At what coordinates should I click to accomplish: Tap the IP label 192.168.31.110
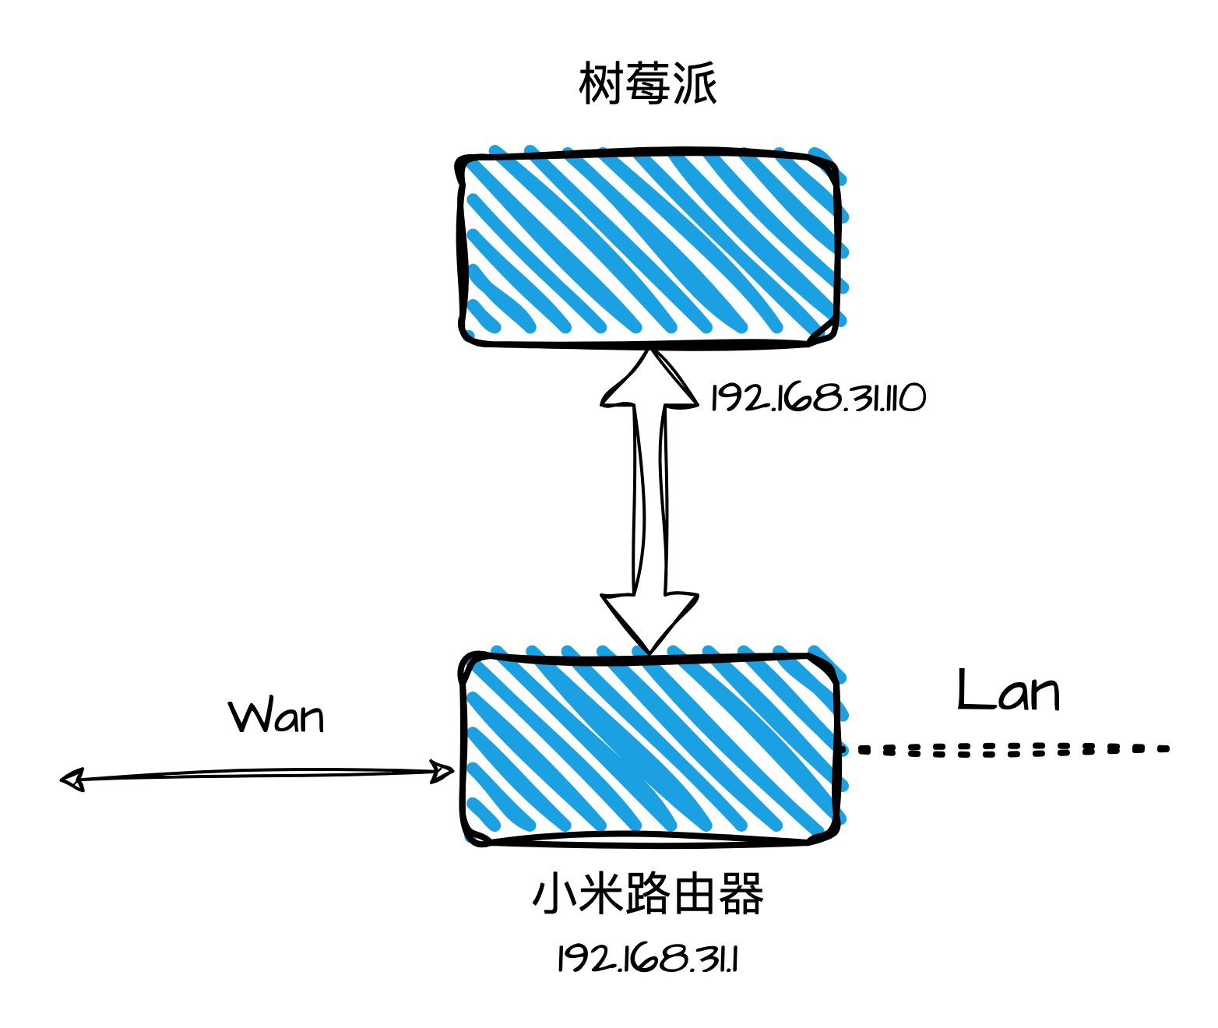coord(818,398)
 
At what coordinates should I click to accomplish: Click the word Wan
coord(276,716)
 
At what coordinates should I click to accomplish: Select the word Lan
coord(1008,692)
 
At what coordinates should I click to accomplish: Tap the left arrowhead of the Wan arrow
coord(72,780)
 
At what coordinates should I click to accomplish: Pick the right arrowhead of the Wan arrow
coord(443,772)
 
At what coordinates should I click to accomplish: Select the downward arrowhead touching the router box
coord(649,620)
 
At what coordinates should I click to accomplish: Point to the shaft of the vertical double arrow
coord(649,498)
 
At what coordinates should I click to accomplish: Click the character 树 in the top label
coord(600,83)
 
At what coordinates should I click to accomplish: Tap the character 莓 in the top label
coord(647,83)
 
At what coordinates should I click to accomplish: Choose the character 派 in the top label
coord(695,83)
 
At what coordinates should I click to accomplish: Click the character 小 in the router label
coord(554,894)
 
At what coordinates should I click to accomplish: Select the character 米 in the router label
coord(600,894)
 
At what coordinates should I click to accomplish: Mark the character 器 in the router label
coord(741,894)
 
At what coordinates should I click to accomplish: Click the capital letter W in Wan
coord(248,716)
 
